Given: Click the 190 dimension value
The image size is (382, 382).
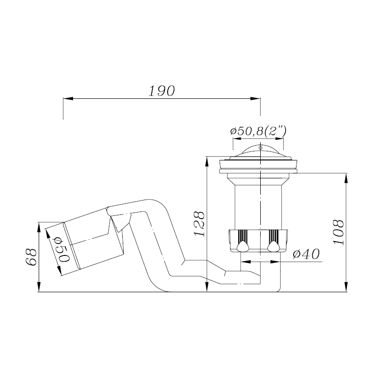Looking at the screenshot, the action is pyautogui.click(x=162, y=91).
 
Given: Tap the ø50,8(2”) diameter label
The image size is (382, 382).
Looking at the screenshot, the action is pyautogui.click(x=258, y=131).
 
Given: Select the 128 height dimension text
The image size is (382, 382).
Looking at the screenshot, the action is pyautogui.click(x=200, y=223).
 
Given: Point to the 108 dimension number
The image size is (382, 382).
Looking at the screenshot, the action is pyautogui.click(x=339, y=232).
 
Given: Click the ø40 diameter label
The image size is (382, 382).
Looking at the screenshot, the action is pyautogui.click(x=306, y=255).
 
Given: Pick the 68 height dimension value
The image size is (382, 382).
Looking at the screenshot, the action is pyautogui.click(x=31, y=257).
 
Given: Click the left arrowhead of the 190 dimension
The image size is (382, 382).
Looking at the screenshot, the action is pyautogui.click(x=68, y=98).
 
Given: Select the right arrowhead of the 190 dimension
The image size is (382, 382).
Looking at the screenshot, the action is pyautogui.click(x=255, y=98).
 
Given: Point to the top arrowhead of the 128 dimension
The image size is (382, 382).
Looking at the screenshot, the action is pyautogui.click(x=207, y=161).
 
